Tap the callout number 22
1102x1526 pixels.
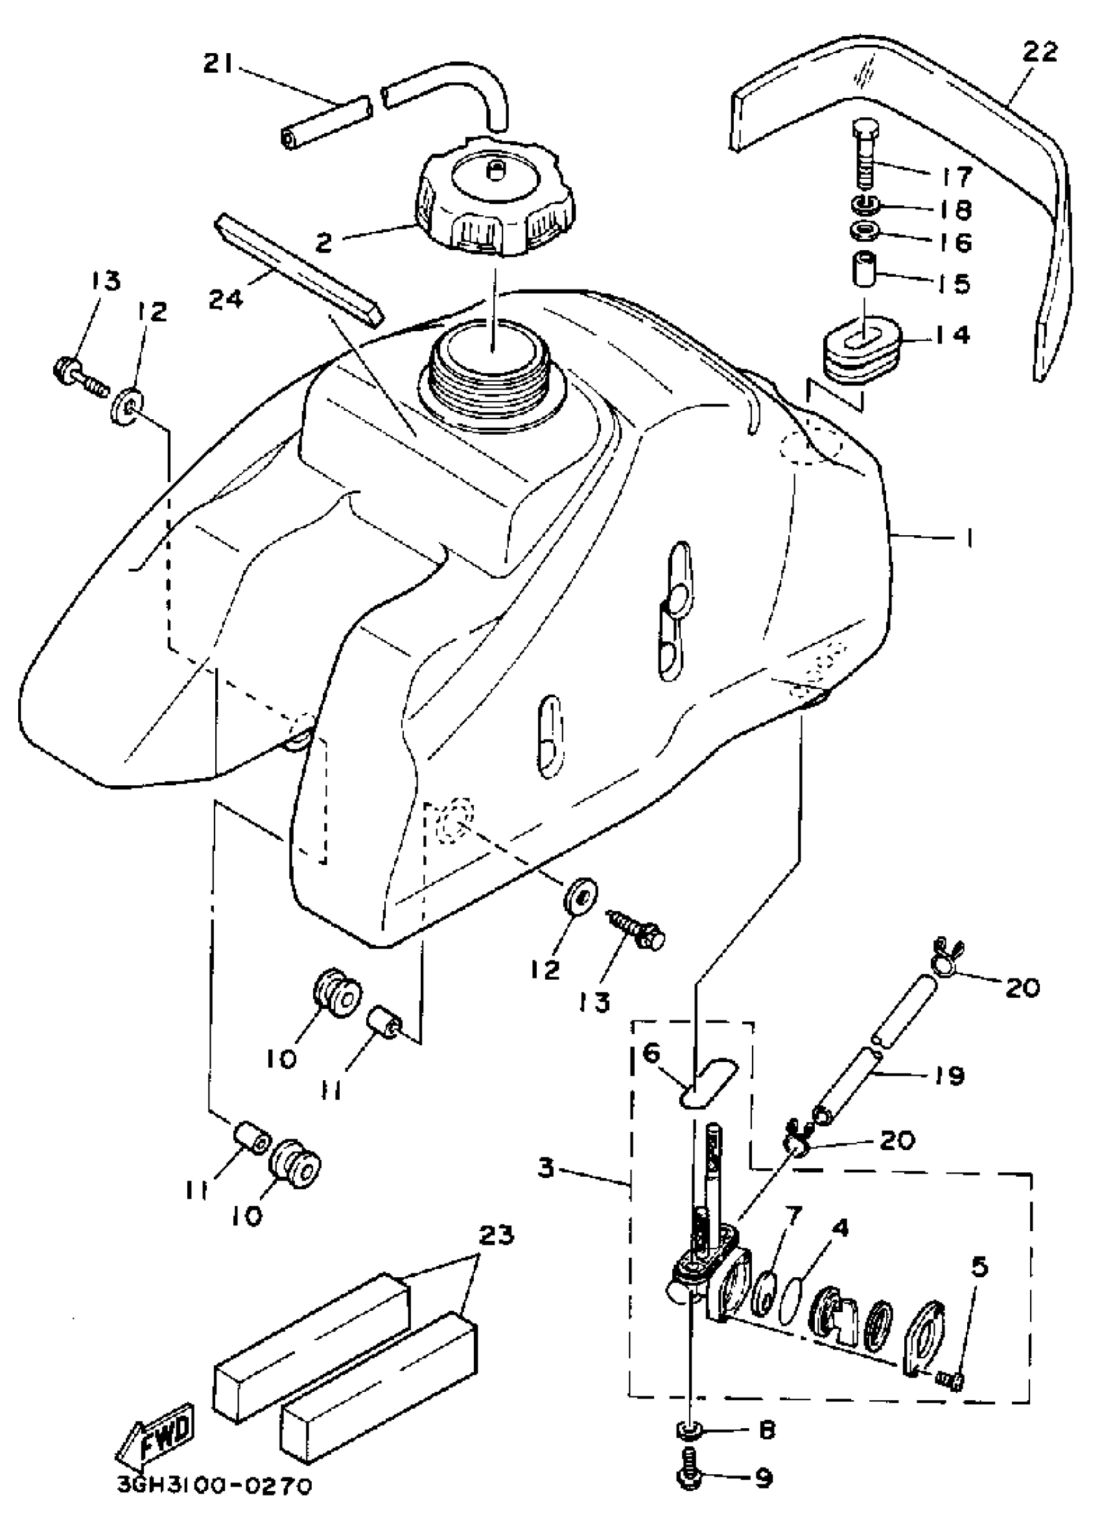(x=1040, y=52)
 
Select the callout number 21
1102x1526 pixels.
(x=220, y=65)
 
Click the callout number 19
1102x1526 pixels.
(x=950, y=1076)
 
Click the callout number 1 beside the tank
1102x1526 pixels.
(x=968, y=538)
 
